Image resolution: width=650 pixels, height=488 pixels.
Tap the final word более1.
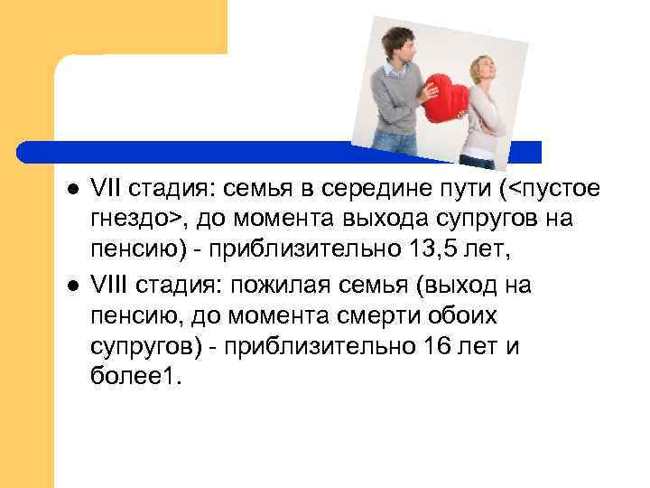tap(135, 373)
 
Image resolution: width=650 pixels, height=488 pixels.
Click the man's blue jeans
tap(395, 143)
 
